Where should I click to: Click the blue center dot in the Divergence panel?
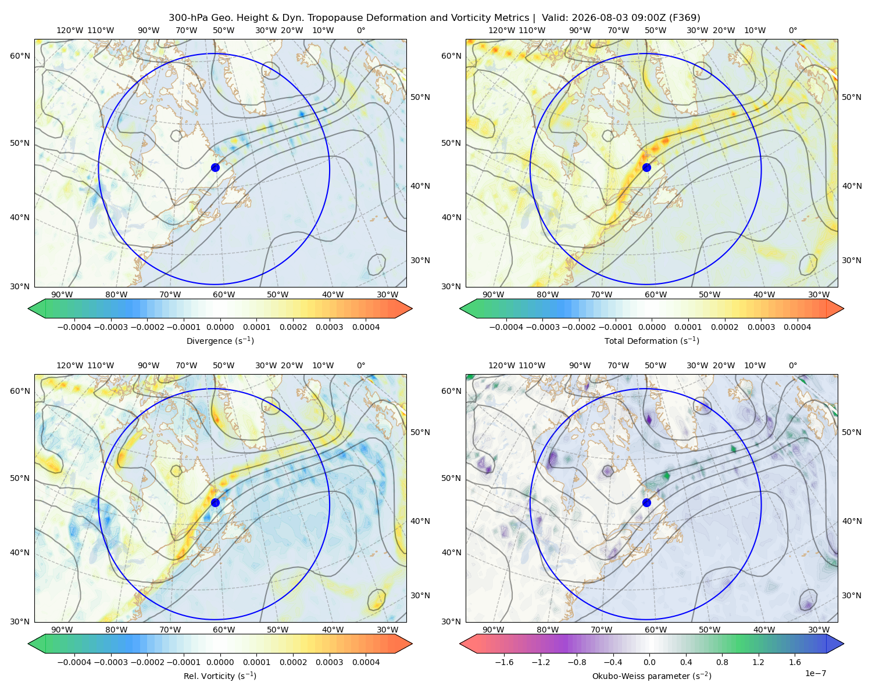click(x=215, y=168)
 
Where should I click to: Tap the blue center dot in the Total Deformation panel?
click(x=646, y=168)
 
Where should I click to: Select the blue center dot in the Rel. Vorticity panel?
click(x=215, y=502)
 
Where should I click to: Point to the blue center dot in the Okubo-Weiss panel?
click(x=646, y=502)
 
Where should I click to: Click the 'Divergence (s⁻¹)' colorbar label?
click(x=220, y=341)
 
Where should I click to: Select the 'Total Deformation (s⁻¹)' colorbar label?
click(x=652, y=341)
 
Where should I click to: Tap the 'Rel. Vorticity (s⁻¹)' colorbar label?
click(x=220, y=676)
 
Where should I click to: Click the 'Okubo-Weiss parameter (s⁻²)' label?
click(x=652, y=676)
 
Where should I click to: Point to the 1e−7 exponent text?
click(x=815, y=673)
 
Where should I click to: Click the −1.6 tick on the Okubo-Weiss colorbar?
click(x=504, y=662)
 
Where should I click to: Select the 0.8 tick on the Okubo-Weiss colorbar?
click(x=722, y=662)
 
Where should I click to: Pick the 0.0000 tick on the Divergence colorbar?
click(x=220, y=327)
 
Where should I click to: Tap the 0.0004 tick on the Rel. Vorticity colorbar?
click(x=366, y=662)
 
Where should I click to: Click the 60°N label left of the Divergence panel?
click(x=20, y=56)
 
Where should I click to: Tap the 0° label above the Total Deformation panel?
click(x=792, y=30)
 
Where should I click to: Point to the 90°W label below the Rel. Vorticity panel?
click(x=62, y=630)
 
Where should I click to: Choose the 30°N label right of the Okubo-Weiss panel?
click(x=852, y=595)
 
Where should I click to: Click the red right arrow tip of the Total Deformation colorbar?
click(x=843, y=308)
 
